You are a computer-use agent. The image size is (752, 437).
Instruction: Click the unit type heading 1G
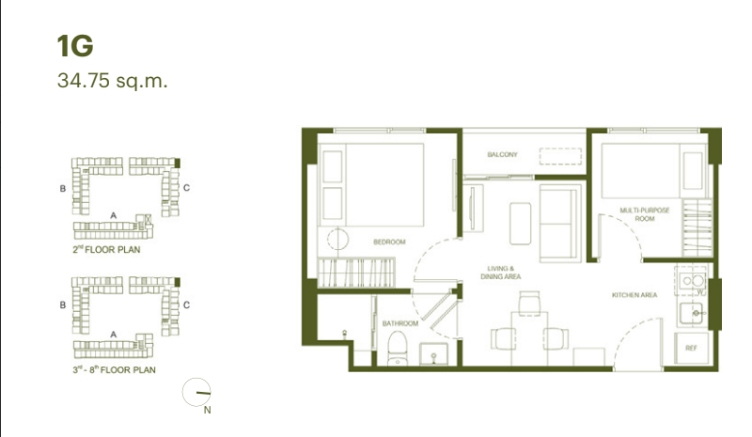(x=75, y=46)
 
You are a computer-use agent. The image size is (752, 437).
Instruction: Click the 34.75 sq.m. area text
(x=112, y=81)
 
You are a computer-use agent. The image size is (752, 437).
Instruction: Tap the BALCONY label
(x=502, y=154)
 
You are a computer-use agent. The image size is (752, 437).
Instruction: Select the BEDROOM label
(x=389, y=242)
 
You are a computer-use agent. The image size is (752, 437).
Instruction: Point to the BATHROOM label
(x=400, y=323)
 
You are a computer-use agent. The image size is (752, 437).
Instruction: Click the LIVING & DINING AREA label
(x=501, y=273)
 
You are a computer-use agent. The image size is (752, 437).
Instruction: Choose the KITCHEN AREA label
(x=634, y=295)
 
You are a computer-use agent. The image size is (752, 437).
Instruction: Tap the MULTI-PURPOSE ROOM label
(x=645, y=214)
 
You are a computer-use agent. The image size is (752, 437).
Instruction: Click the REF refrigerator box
(x=691, y=348)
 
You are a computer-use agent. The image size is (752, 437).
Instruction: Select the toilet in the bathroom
(x=397, y=349)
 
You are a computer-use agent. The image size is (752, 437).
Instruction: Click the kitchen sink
(x=691, y=313)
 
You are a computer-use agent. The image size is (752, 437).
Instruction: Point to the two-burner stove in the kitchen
(x=692, y=280)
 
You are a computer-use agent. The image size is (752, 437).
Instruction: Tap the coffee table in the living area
(x=521, y=224)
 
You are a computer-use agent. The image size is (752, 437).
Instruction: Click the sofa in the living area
(x=560, y=223)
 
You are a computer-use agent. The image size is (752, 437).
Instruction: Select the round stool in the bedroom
(x=338, y=239)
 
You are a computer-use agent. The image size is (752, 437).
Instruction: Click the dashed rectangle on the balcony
(x=560, y=156)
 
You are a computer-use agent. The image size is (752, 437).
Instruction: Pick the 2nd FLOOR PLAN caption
(x=106, y=249)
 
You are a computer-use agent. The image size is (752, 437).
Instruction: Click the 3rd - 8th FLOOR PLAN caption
(x=114, y=370)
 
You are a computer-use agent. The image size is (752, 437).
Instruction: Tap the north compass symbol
(x=196, y=393)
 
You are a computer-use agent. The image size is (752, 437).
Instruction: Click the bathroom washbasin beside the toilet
(x=434, y=354)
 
